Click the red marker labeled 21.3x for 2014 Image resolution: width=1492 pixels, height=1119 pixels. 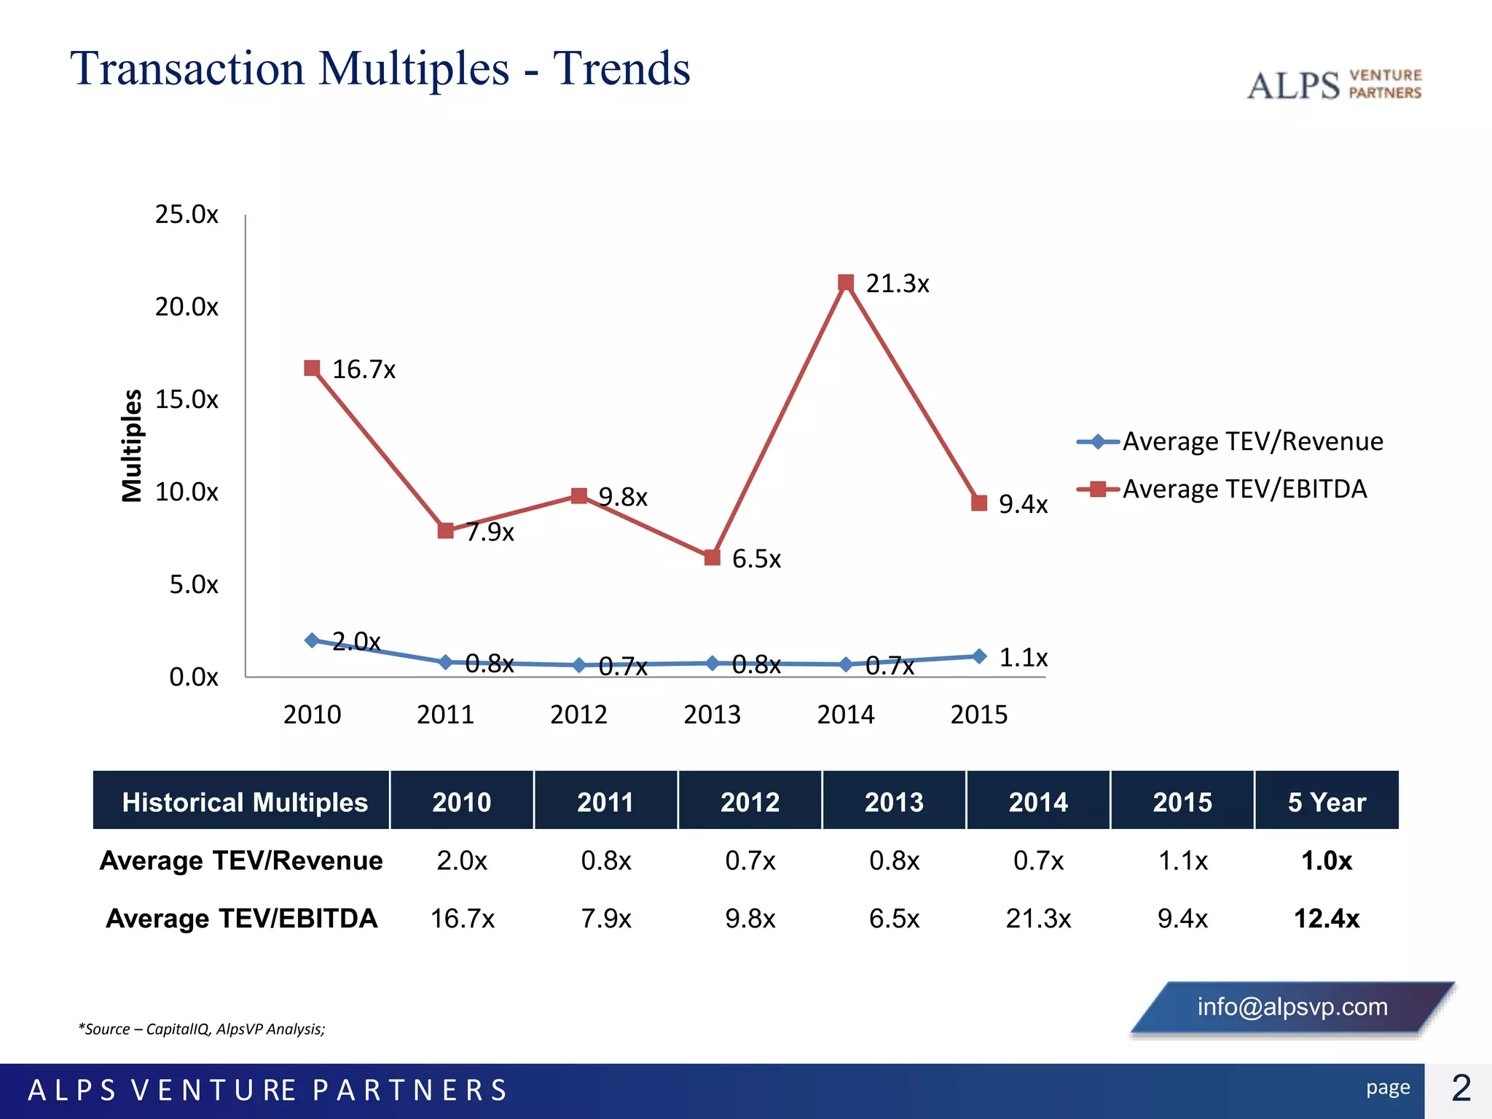point(845,283)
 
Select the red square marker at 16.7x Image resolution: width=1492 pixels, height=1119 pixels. point(312,368)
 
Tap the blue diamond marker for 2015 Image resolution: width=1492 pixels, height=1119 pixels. point(979,656)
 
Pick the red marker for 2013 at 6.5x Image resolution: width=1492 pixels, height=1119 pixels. point(712,557)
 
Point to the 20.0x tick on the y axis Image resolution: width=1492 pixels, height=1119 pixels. point(186,307)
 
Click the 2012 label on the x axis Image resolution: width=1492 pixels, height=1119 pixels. point(578,715)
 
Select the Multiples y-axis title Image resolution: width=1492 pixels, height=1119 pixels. point(132,445)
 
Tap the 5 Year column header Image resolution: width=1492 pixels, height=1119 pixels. point(1326,802)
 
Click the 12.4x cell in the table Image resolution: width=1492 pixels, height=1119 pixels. point(1326,919)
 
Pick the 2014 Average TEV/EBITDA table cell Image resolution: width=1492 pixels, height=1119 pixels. point(1038,919)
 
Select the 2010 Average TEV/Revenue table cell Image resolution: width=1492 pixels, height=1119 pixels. point(462,861)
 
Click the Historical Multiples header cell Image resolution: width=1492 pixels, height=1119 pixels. point(245,802)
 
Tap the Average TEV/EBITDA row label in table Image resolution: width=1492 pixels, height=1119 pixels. point(242,919)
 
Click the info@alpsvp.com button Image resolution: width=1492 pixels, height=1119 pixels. point(1292,1007)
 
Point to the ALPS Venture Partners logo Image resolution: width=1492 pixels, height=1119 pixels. point(1334,85)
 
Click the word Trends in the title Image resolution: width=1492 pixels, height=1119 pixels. point(621,69)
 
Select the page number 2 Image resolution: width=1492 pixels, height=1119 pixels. point(1461,1089)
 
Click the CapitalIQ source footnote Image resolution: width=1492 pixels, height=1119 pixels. point(202,1029)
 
